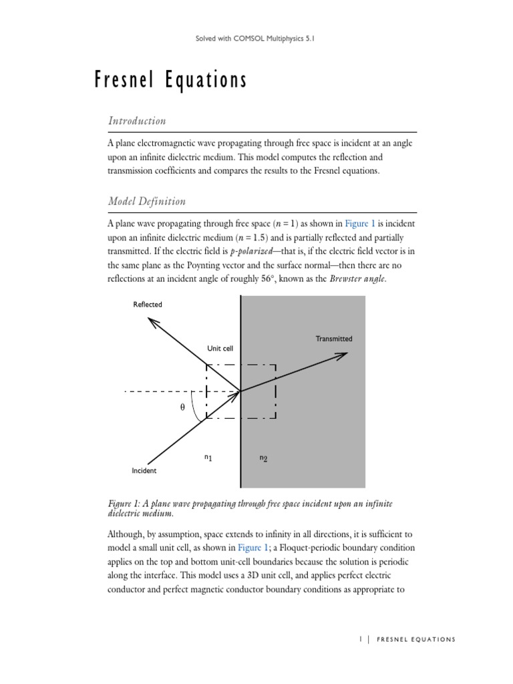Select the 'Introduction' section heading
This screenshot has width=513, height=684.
(x=136, y=121)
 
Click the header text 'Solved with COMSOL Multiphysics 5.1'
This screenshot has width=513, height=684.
(x=256, y=39)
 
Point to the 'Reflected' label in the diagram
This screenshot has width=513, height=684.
(x=147, y=305)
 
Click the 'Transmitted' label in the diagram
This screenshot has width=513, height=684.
(x=333, y=339)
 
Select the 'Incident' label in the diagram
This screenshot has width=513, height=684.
(x=144, y=471)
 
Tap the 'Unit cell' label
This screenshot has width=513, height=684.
(x=220, y=349)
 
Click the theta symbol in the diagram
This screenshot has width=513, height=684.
(x=182, y=407)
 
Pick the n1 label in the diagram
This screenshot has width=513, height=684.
(x=208, y=458)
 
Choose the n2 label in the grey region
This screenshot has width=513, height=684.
(x=263, y=458)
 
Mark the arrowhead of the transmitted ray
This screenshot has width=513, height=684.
(x=342, y=355)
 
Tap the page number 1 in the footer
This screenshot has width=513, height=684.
(x=360, y=639)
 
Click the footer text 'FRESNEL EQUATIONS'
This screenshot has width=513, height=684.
(x=416, y=639)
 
